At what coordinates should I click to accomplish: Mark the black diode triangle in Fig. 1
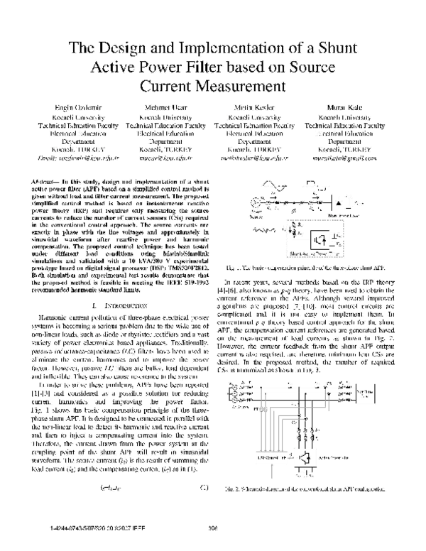tap(339, 202)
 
